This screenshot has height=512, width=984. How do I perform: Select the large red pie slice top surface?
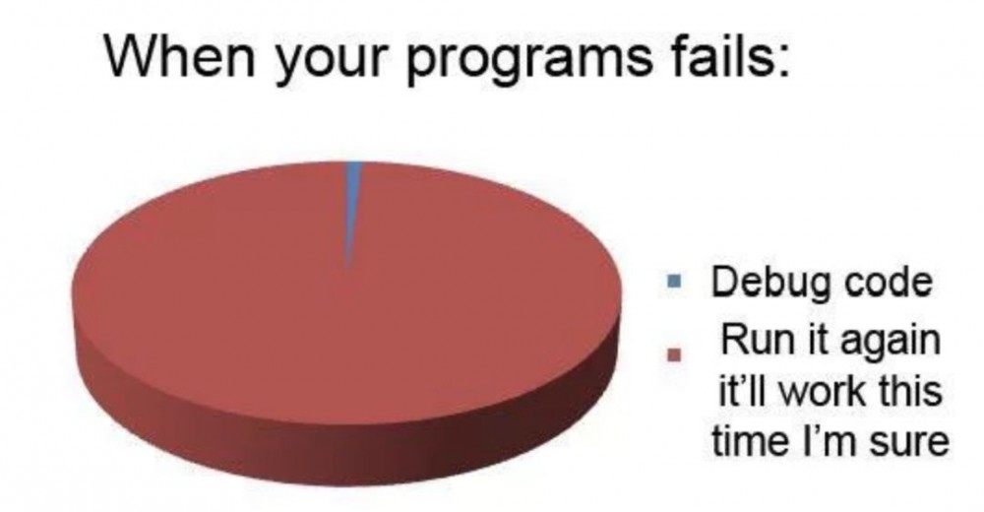point(295,295)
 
